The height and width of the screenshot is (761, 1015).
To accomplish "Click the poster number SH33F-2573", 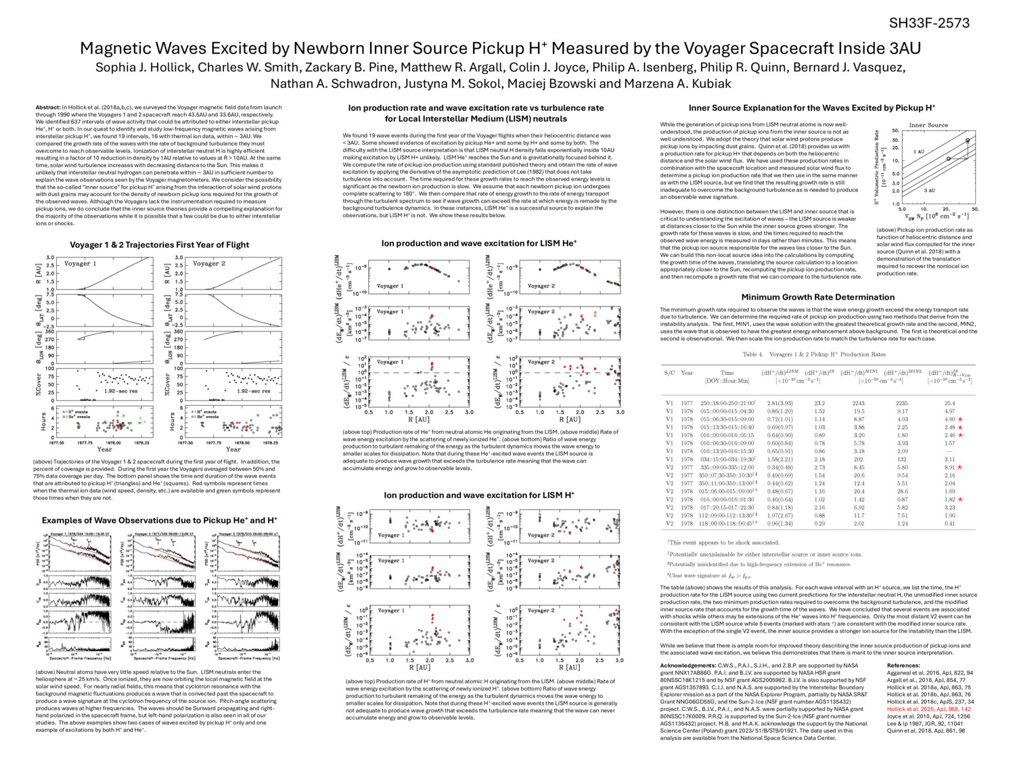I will point(929,24).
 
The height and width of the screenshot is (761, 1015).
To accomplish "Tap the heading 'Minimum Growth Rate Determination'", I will point(817,297).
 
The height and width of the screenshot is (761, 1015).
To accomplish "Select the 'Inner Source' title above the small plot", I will point(928,125).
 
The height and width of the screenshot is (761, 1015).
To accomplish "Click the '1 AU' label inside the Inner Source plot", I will point(918,152).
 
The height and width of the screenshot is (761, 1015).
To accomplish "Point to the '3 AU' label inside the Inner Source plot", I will point(929,191).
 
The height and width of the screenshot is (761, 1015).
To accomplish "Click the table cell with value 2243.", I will point(859,402).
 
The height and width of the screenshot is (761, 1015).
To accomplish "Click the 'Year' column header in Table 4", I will point(687,373).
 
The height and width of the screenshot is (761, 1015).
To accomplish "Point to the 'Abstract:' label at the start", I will point(47,108).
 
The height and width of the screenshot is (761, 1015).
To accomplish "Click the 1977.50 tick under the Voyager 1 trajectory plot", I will point(57,443).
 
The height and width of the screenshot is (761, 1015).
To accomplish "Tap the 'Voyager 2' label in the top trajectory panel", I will point(209,263).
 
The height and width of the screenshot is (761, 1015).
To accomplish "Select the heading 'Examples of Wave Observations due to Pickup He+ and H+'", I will point(159,520).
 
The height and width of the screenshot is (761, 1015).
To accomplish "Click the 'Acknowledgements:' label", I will point(688,666).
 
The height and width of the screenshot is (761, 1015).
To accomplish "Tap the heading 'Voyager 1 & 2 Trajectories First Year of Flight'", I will point(159,245).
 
